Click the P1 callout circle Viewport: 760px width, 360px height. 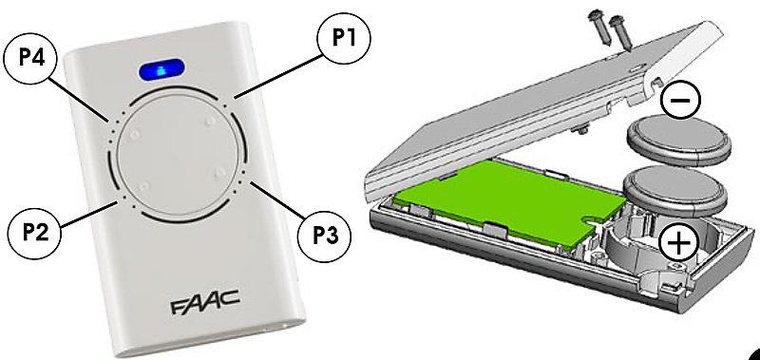[344, 39]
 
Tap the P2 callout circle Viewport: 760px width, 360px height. [34, 234]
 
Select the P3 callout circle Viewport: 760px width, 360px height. [324, 237]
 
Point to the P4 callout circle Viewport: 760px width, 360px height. [30, 59]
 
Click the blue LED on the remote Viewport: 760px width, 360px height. [161, 69]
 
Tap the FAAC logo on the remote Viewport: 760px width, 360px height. [204, 302]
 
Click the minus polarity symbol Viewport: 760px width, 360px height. [680, 101]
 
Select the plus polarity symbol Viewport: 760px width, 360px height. [678, 241]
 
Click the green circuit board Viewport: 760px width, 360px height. [509, 201]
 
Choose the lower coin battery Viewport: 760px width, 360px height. [675, 190]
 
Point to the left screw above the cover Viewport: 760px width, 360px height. [598, 28]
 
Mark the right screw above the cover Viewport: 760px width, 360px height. [619, 32]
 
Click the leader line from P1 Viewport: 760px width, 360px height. [278, 77]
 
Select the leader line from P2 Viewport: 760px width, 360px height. [88, 214]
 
